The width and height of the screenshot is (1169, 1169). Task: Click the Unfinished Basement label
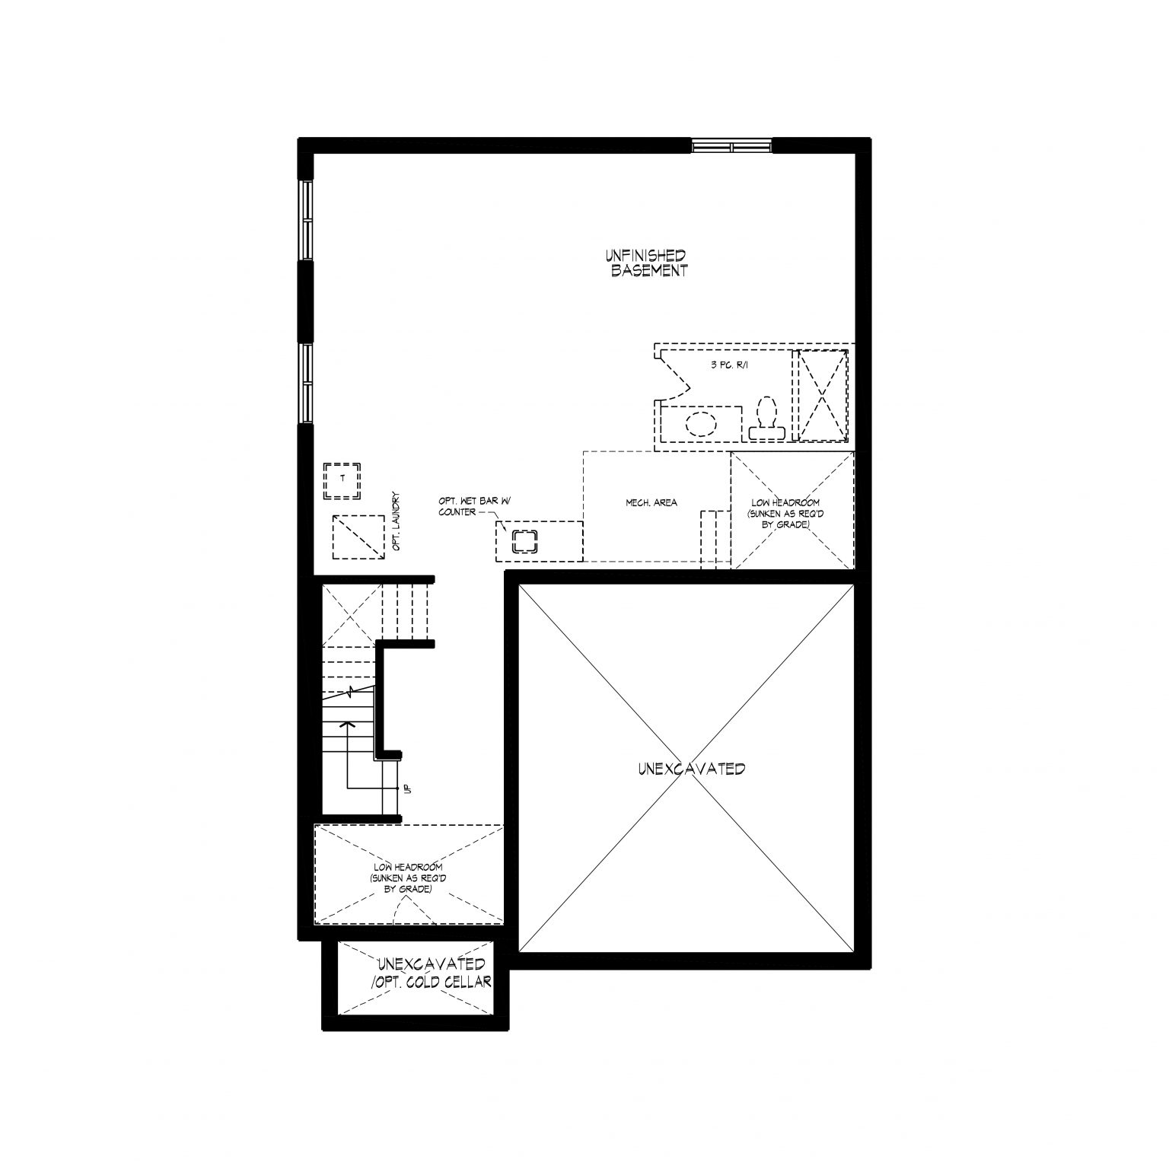pos(646,263)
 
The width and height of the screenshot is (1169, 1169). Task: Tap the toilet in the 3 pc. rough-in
pos(766,419)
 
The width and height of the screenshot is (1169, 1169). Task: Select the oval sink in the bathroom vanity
pos(701,423)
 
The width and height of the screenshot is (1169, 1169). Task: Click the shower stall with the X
pos(821,395)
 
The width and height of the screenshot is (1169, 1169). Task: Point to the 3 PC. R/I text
pos(728,366)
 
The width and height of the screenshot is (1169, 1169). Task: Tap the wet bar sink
pos(524,541)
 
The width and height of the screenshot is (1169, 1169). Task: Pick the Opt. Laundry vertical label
pos(397,521)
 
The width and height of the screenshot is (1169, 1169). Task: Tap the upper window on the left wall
pos(306,221)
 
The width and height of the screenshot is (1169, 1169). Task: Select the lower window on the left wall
pos(306,384)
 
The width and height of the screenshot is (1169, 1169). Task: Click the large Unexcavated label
pos(692,769)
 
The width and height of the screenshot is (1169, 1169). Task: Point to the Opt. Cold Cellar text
pos(431,983)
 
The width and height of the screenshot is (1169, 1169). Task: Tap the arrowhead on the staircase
pos(348,724)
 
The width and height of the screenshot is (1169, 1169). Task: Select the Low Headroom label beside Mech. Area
pos(785,514)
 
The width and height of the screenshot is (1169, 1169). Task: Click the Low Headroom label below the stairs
pos(409,878)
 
